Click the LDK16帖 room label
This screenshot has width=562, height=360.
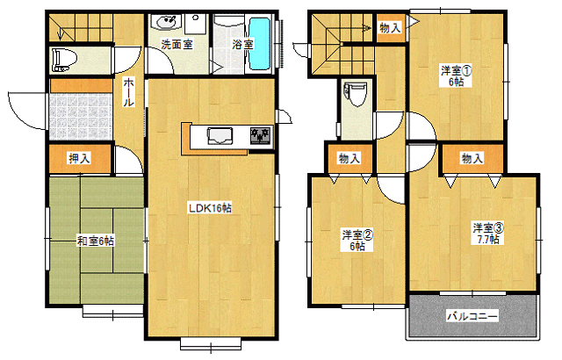tap(210, 208)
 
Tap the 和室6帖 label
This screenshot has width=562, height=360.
tap(96, 241)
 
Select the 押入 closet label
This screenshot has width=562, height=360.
tap(80, 158)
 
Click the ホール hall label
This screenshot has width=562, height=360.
tap(129, 92)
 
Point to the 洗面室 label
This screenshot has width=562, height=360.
tap(177, 45)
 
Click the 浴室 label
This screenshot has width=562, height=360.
tap(242, 45)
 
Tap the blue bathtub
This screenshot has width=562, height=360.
tap(259, 44)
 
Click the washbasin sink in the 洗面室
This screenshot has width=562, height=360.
tap(164, 21)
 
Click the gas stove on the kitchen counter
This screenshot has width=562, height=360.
tap(261, 135)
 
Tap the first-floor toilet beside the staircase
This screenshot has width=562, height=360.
tap(65, 59)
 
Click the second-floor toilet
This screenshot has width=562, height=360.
tap(356, 94)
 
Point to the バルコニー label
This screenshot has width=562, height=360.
tap(472, 316)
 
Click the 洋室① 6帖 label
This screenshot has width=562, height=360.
tap(457, 76)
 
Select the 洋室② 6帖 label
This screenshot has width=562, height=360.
tap(357, 241)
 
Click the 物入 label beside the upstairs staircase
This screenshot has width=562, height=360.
tap(390, 27)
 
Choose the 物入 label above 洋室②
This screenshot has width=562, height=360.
tap(349, 158)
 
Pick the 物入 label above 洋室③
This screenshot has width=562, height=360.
tap(472, 158)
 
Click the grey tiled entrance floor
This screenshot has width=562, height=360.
tap(80, 116)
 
